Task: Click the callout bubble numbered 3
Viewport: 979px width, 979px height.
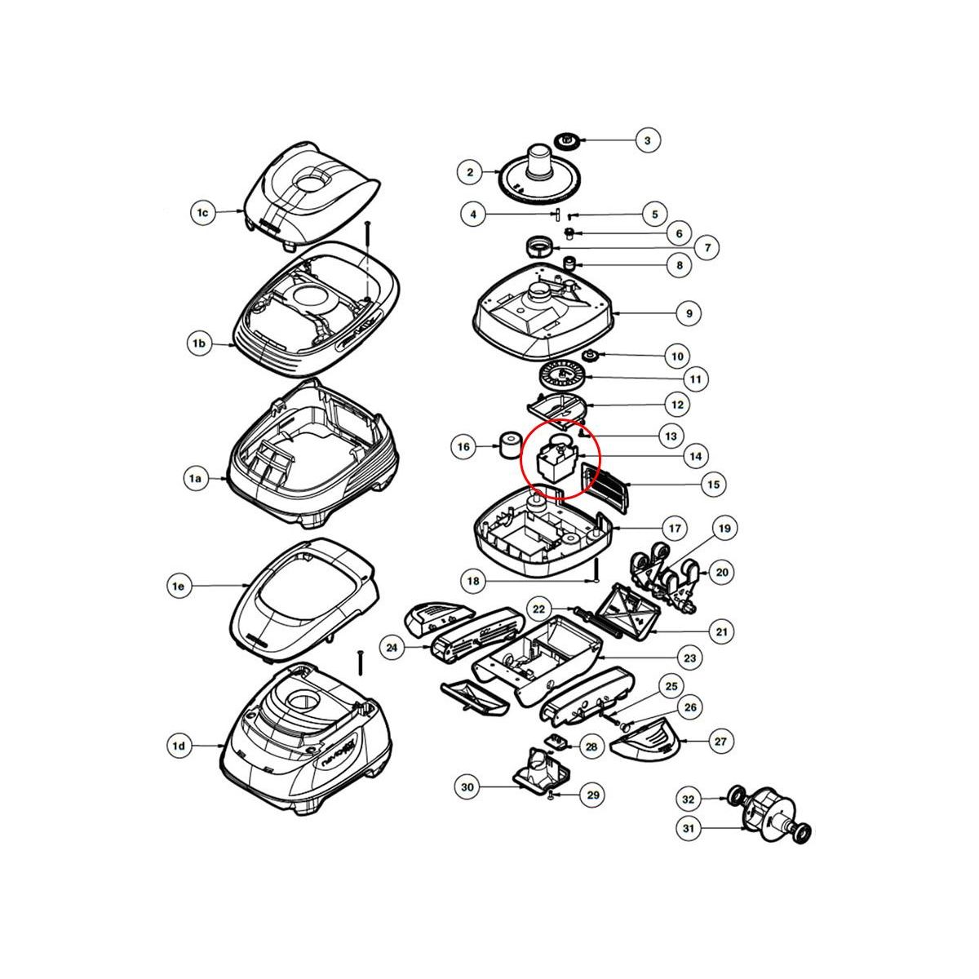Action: [x=647, y=141]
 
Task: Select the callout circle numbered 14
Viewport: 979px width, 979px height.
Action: [x=695, y=456]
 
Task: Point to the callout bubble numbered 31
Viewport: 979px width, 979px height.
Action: [x=689, y=829]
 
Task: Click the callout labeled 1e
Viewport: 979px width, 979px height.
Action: [x=179, y=586]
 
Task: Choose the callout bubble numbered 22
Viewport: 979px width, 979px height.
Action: [x=539, y=609]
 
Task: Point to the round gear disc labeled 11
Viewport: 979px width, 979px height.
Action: [x=561, y=379]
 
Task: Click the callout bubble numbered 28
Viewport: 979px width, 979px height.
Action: [x=591, y=746]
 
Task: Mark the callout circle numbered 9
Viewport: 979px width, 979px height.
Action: [x=689, y=312]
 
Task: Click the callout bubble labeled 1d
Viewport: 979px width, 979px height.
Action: [x=179, y=745]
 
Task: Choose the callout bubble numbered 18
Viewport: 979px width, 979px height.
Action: [x=474, y=582]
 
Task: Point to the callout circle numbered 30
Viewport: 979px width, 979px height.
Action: [x=467, y=786]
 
